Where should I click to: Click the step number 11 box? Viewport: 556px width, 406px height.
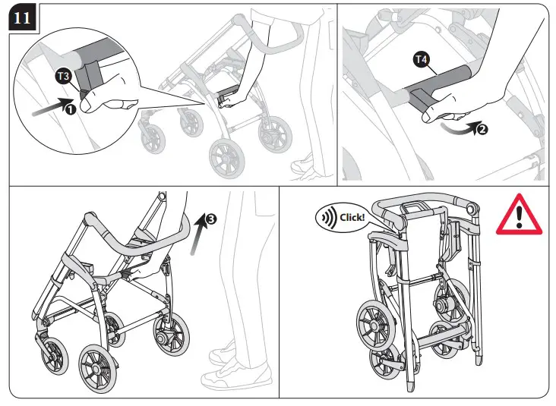pyautogui.click(x=22, y=18)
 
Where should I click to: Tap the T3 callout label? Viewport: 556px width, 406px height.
pyautogui.click(x=65, y=76)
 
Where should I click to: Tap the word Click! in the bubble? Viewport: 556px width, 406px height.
pyautogui.click(x=352, y=216)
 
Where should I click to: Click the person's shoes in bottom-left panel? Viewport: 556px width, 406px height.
pyautogui.click(x=235, y=364)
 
